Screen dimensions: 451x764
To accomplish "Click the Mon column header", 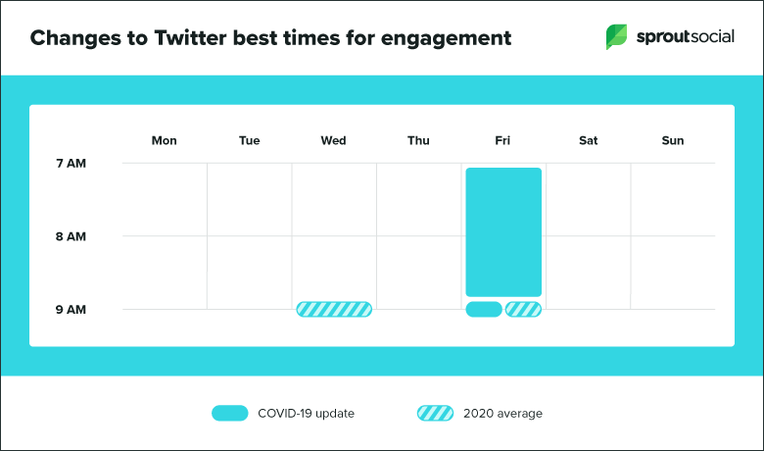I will click(164, 141).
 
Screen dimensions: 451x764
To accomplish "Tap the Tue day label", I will click(249, 141).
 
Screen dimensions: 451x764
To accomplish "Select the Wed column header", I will click(333, 141).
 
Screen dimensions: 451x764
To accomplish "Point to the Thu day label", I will click(418, 141).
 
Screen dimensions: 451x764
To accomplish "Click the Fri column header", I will click(502, 141).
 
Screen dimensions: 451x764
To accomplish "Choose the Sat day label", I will click(588, 141).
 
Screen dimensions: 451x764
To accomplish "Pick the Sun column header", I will click(673, 141).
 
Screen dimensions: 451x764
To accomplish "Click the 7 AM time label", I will click(71, 163).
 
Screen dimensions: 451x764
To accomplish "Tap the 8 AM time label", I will click(71, 236).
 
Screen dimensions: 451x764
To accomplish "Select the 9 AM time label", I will click(71, 310).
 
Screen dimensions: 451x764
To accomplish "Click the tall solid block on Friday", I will click(503, 231).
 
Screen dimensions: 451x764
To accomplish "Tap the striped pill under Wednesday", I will click(334, 310).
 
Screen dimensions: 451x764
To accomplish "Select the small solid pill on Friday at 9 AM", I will click(484, 310).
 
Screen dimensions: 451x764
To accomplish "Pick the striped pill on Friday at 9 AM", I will click(523, 310).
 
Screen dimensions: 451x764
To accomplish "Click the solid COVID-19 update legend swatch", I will click(229, 414).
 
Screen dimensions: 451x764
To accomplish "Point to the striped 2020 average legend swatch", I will click(435, 414).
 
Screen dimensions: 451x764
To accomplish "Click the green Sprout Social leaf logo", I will click(617, 37).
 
